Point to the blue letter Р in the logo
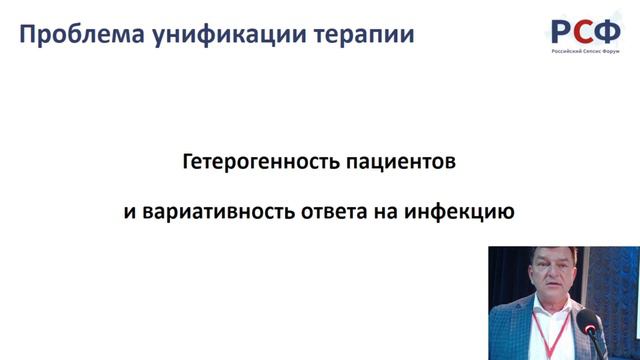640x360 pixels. [x=563, y=29]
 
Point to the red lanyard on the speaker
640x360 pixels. [x=539, y=330]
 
